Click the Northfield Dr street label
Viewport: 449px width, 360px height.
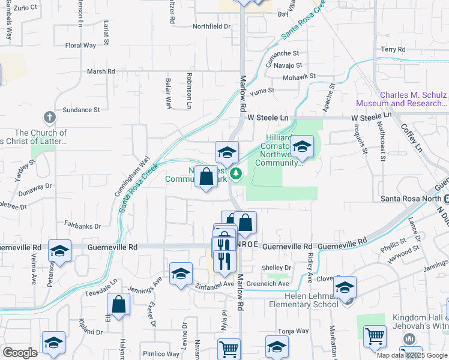[211, 26]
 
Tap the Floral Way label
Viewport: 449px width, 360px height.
[80, 45]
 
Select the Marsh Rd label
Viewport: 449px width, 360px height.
[101, 71]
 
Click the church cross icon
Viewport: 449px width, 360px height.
[50, 117]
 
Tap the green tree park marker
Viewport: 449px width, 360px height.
[237, 174]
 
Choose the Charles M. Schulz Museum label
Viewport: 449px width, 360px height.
[413, 100]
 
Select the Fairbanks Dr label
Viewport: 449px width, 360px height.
[82, 226]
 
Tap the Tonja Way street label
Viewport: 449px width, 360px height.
[294, 331]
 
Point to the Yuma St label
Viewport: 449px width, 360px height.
[262, 91]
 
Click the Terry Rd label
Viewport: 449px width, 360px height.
[393, 49]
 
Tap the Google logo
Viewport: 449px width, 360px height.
[20, 353]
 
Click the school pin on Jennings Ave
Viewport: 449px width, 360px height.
[181, 274]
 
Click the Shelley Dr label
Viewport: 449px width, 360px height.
[276, 268]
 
